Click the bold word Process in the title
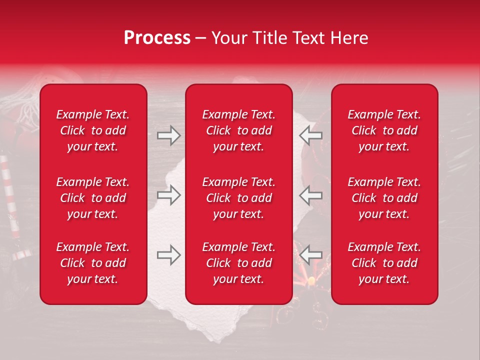(x=157, y=38)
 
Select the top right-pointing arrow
(x=168, y=135)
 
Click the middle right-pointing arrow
(x=168, y=195)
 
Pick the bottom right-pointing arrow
(x=168, y=255)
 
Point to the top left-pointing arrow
(x=310, y=135)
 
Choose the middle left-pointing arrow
(x=310, y=195)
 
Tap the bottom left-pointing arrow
(x=310, y=255)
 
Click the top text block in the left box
(x=93, y=130)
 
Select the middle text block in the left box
(x=93, y=198)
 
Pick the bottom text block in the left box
(x=93, y=263)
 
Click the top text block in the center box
(x=238, y=130)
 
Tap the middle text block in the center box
(x=238, y=198)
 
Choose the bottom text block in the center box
(x=238, y=263)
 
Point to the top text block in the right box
(x=384, y=130)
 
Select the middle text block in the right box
(x=384, y=198)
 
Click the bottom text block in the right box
(x=384, y=263)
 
